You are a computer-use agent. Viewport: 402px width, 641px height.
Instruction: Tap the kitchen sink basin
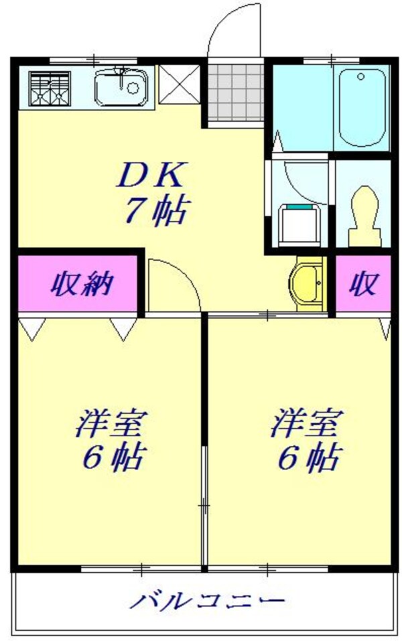[x=119, y=88]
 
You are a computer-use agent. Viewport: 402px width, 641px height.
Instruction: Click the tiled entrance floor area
[x=235, y=93]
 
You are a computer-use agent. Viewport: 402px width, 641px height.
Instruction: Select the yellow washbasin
[x=308, y=283]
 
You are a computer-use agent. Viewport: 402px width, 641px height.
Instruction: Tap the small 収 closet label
[x=362, y=285]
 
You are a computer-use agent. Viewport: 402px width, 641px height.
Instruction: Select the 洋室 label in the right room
[x=308, y=423]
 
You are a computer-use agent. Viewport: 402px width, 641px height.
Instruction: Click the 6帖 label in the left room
[x=112, y=459]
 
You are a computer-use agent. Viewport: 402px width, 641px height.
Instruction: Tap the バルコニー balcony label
[x=206, y=600]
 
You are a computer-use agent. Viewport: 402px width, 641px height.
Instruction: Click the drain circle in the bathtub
[x=361, y=77]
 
